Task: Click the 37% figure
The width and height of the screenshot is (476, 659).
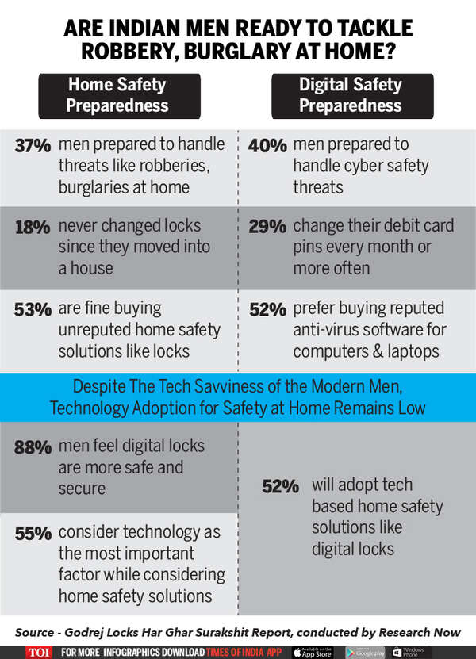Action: (33, 145)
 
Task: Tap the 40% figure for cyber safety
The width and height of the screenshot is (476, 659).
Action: (267, 145)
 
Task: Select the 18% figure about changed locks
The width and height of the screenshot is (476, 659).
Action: (33, 227)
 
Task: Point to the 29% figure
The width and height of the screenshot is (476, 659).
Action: (267, 227)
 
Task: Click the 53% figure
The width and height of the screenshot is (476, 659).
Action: (33, 309)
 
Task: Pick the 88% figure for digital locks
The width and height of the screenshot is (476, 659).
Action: (33, 446)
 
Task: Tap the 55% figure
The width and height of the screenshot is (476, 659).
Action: (33, 533)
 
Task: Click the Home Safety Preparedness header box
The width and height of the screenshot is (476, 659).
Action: (117, 95)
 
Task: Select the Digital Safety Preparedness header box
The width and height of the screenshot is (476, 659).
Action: (351, 95)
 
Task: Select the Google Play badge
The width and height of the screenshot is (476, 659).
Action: (366, 652)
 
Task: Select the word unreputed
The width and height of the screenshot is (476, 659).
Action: (95, 328)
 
